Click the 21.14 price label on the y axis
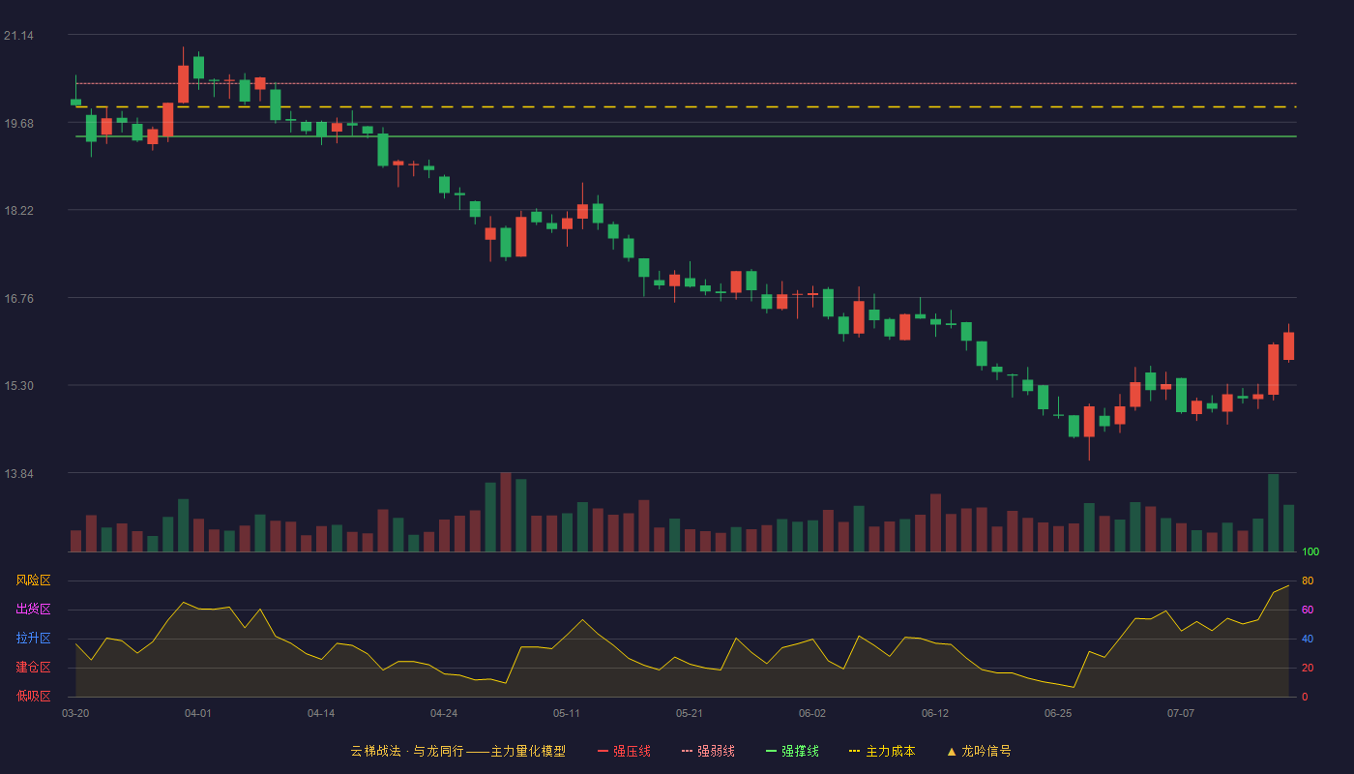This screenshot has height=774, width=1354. tap(18, 36)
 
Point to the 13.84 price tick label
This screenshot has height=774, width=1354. tap(18, 473)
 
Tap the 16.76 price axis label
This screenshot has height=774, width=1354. tap(18, 299)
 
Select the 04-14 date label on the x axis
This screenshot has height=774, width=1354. tap(321, 714)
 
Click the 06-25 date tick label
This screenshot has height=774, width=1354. tap(1058, 714)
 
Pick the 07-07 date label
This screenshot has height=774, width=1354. tap(1181, 714)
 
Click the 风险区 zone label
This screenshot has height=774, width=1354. tap(33, 580)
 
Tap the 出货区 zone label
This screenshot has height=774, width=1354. tap(33, 609)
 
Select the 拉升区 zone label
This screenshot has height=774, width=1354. tap(33, 638)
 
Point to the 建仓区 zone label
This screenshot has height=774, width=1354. tap(33, 667)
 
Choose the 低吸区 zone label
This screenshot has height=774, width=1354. tap(33, 696)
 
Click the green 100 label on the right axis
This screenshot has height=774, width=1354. tap(1310, 551)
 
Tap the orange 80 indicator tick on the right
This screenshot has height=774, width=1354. tap(1308, 580)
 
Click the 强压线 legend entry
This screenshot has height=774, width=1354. tap(624, 751)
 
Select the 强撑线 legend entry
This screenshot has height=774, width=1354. tap(792, 751)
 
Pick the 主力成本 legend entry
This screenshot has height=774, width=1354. tap(882, 751)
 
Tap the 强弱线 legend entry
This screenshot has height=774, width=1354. tap(708, 751)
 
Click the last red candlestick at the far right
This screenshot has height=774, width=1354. tap(1288, 346)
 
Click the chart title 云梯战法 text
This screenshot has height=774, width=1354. tap(375, 751)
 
